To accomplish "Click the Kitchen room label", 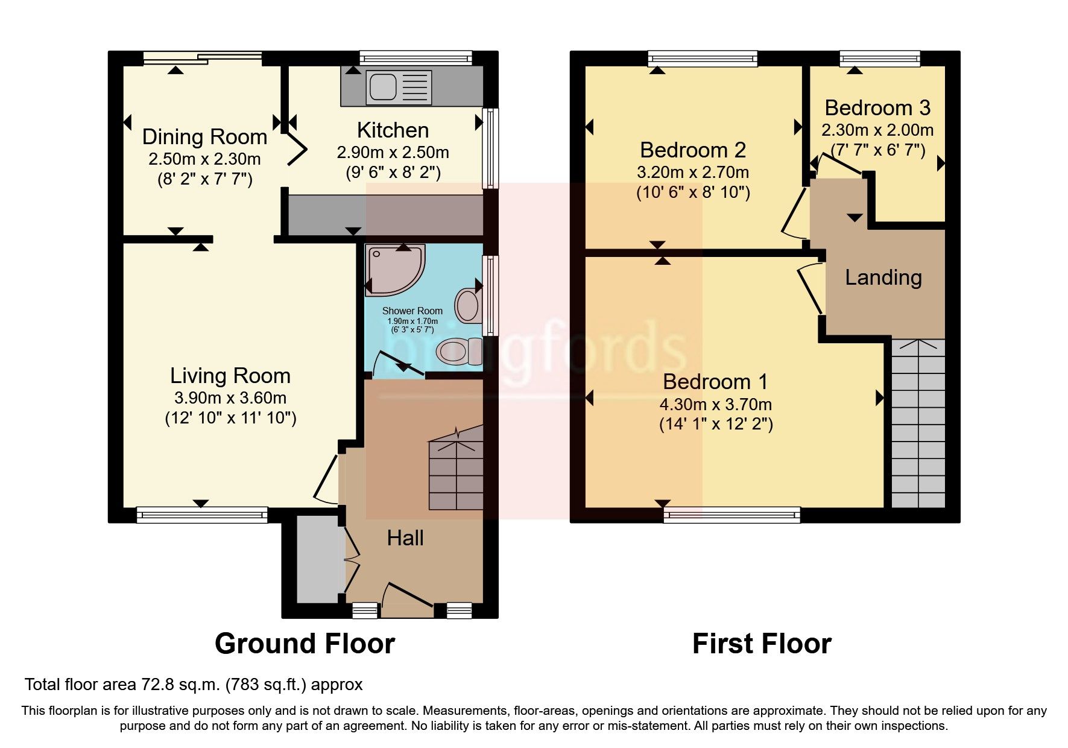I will click(393, 130).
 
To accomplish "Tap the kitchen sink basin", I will click(383, 86).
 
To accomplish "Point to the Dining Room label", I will click(204, 137).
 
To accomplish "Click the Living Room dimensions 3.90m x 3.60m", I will click(230, 398).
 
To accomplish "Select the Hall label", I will click(405, 538).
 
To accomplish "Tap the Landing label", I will click(883, 277).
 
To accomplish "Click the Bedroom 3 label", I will click(877, 108).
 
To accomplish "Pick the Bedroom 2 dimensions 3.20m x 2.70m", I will click(693, 173).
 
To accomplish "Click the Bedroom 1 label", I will click(715, 382).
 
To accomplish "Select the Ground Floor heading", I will click(305, 644).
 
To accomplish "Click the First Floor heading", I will click(762, 644).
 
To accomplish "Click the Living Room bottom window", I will click(201, 515).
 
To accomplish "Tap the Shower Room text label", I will click(412, 311).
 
